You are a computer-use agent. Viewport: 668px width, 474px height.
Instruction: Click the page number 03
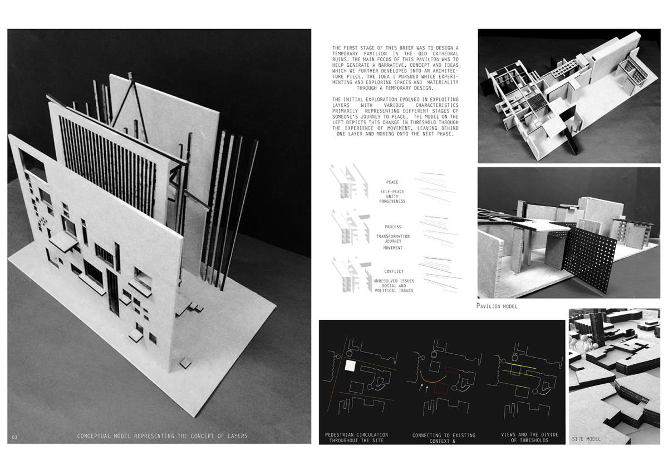point(14,437)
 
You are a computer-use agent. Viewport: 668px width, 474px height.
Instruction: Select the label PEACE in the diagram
point(392,182)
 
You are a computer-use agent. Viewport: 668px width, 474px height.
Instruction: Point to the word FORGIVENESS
point(392,201)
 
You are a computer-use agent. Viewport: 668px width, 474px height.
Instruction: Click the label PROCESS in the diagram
point(393,227)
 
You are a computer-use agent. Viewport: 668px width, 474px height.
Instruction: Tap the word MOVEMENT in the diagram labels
point(393,248)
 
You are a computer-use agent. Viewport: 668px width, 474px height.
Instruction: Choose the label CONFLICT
point(394,271)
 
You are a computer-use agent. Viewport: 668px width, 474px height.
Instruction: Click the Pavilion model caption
point(497,306)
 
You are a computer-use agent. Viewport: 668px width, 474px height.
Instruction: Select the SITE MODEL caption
point(586,439)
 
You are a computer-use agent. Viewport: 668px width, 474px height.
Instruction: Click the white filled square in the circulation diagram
point(350,366)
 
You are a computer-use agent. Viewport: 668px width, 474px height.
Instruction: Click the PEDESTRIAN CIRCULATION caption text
point(356,434)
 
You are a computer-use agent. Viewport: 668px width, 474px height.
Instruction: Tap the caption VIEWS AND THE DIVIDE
point(529,434)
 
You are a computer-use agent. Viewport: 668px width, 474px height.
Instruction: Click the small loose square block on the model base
point(185,362)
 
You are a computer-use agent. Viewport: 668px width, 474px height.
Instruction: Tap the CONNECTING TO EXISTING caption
point(444,435)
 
